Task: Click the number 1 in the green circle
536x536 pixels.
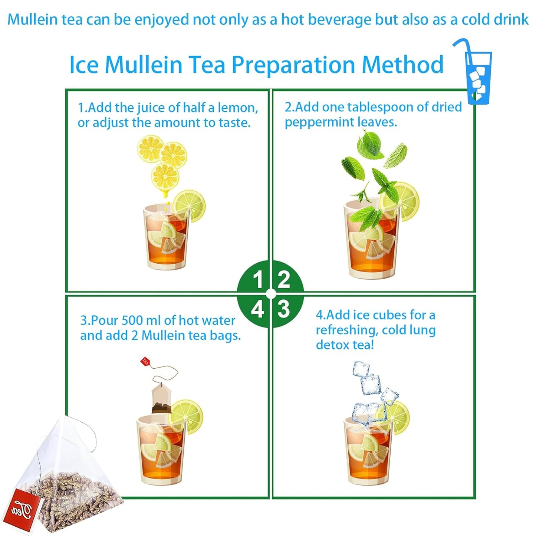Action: click(258, 279)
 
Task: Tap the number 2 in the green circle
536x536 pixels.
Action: click(283, 279)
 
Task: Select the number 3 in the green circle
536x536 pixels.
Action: click(283, 309)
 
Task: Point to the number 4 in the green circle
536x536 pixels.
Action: click(258, 309)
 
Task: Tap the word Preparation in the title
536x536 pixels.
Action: click(293, 65)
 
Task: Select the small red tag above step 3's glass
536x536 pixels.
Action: click(145, 361)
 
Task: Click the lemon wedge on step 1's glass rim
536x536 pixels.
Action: click(189, 206)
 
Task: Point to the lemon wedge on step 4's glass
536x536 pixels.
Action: click(395, 417)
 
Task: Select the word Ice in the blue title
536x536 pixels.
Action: click(84, 65)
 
